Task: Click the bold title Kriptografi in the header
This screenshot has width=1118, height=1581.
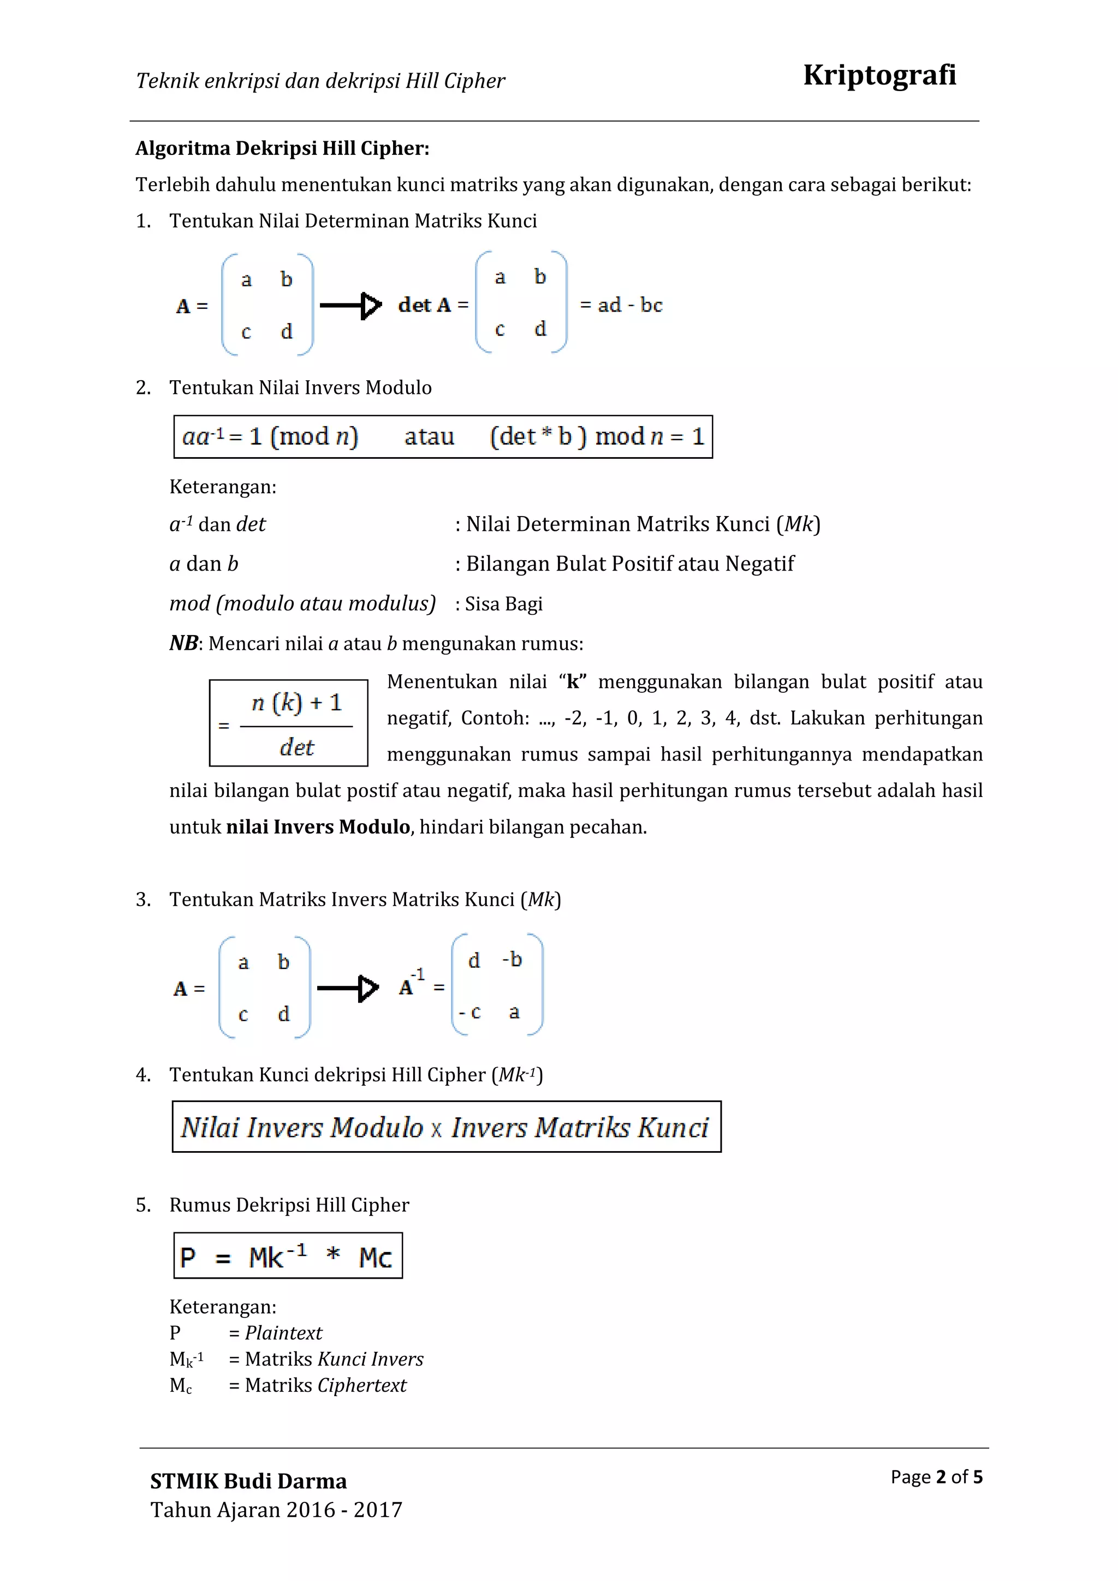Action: tap(879, 75)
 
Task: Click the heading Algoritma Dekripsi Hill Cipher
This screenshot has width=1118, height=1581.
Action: tap(282, 148)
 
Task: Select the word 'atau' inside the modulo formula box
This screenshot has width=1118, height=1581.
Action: tap(429, 436)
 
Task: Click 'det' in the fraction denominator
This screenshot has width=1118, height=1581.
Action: tap(296, 747)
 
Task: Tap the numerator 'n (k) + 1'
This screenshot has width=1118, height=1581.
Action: tap(296, 702)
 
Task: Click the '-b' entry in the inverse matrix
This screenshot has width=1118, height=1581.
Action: tap(512, 959)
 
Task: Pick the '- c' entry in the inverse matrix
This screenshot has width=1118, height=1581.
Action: tap(470, 1012)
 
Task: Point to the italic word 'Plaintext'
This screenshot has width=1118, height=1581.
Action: tap(283, 1333)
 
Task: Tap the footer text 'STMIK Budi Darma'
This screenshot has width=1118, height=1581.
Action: tap(248, 1481)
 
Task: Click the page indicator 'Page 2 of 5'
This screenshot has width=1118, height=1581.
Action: tap(936, 1476)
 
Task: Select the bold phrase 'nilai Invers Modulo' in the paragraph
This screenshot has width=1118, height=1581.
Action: tap(318, 827)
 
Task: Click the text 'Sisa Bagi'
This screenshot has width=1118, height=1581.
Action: tap(503, 604)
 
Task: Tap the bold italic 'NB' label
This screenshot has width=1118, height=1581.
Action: tap(183, 643)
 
